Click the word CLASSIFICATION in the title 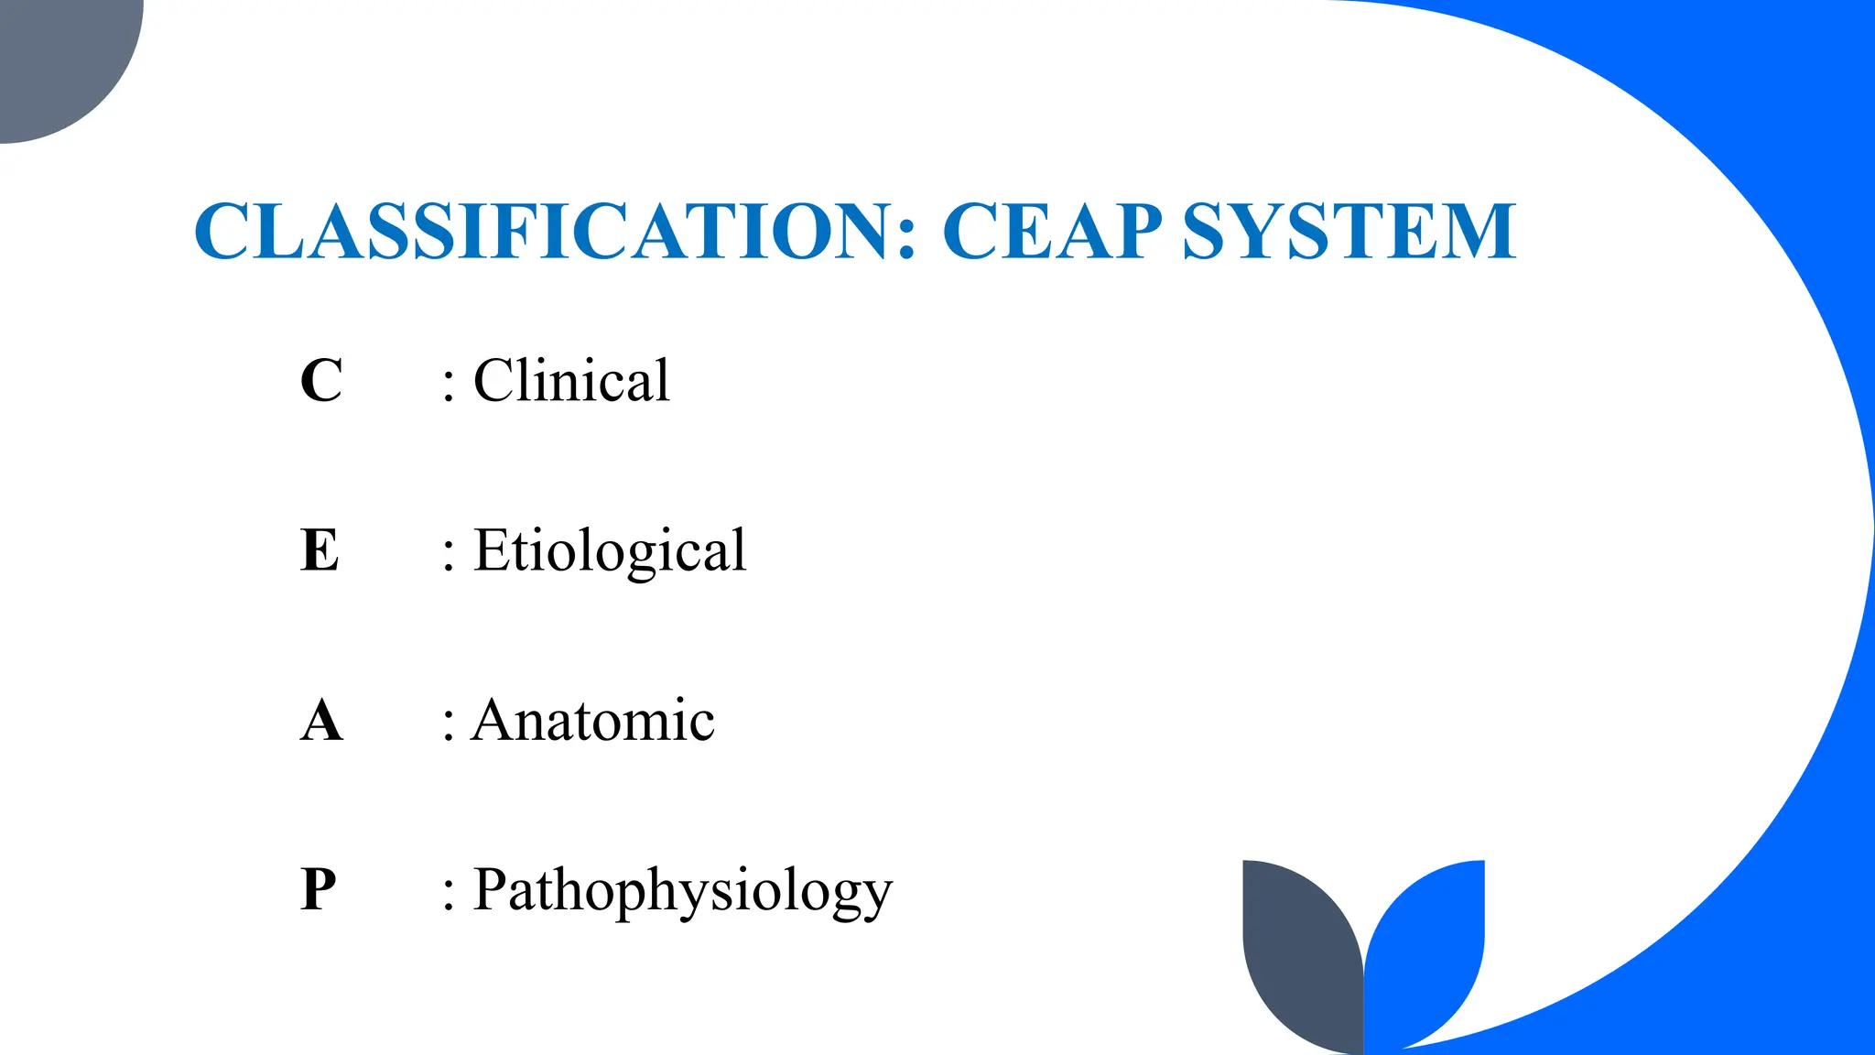point(541,231)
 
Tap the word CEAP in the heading point(1052,231)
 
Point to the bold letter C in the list point(321,381)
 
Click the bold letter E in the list point(320,550)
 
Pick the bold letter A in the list point(321,721)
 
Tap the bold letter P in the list point(319,889)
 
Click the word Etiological point(610,550)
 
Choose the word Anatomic point(592,720)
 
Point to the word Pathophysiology point(682,891)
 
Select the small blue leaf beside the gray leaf point(1428,943)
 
